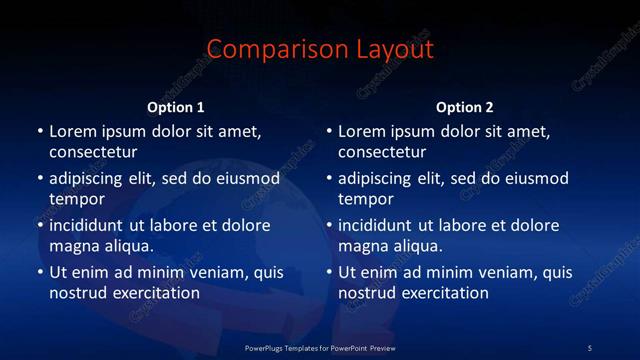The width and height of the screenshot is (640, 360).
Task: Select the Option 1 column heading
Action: pos(176,107)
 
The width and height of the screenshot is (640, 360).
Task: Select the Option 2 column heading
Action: pos(465,107)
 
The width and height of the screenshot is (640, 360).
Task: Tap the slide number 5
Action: pos(589,347)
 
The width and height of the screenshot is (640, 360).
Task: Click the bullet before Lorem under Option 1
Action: pos(40,131)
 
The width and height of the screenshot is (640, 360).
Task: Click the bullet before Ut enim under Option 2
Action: pos(329,272)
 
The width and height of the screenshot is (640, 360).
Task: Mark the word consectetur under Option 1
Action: pos(93,152)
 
